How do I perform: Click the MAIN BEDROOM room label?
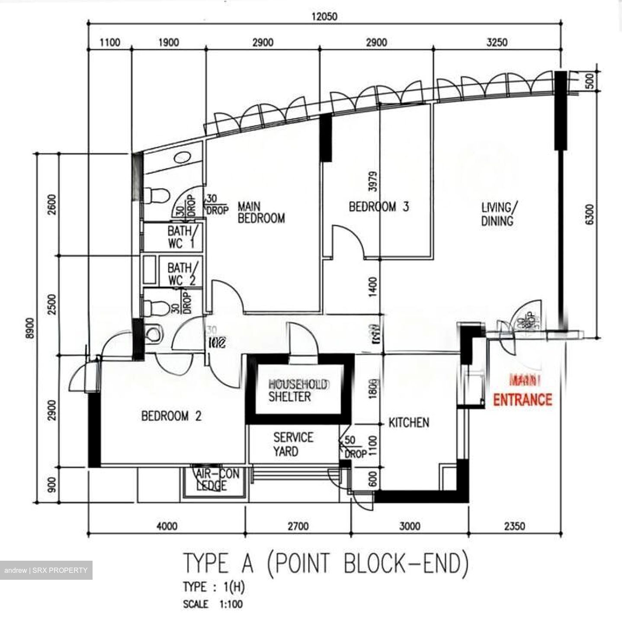coord(261,212)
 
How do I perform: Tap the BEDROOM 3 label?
coord(378,207)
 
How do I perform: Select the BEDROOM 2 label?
coord(171,416)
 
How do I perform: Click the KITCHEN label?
coord(409,422)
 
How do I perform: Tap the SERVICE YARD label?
coord(292,444)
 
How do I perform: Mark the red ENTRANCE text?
coord(523,400)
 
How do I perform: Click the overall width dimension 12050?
coord(324,17)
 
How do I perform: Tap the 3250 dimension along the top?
coord(497,42)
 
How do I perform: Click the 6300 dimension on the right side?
coord(589,214)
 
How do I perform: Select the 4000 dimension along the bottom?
coord(167,526)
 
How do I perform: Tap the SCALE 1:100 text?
coord(213,604)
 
